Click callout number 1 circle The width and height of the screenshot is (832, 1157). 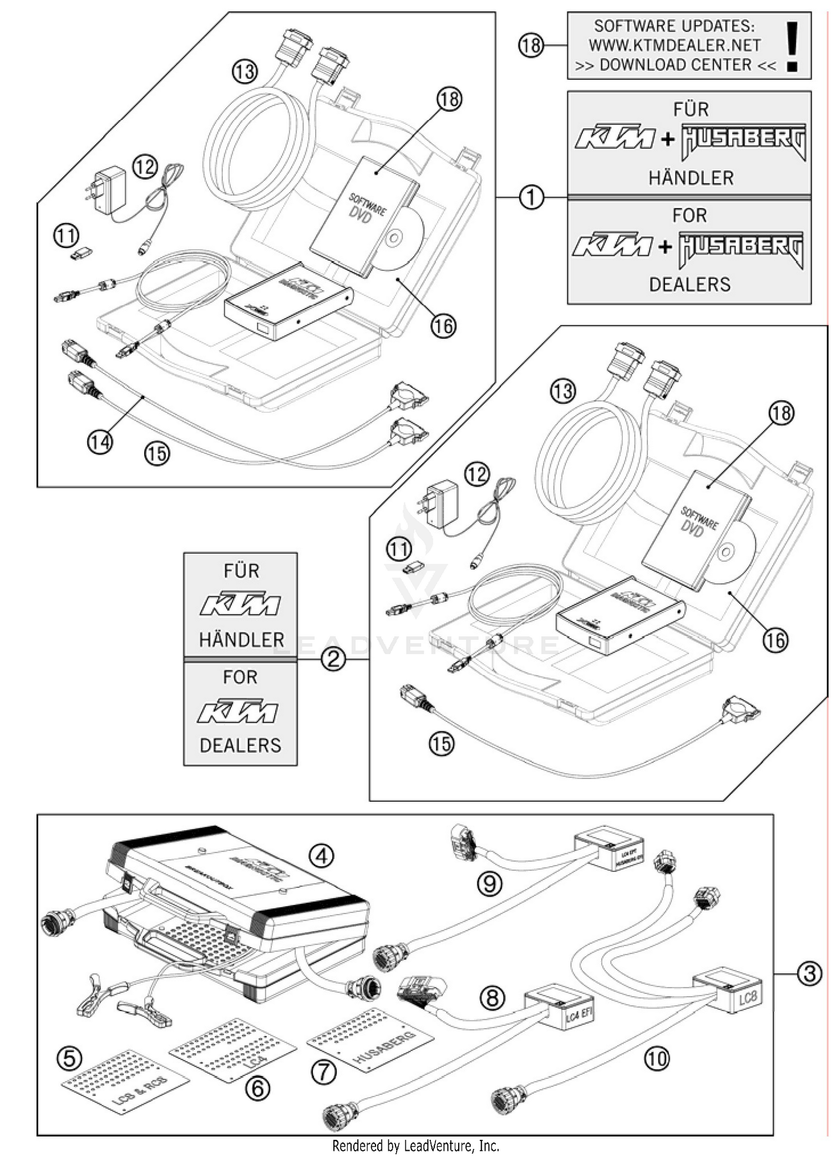pyautogui.click(x=531, y=196)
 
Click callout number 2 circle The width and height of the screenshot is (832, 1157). pyautogui.click(x=333, y=659)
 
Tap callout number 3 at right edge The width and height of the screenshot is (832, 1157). pyautogui.click(x=809, y=973)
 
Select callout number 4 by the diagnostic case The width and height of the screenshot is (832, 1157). pyautogui.click(x=321, y=856)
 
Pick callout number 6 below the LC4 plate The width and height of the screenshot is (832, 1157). pyautogui.click(x=257, y=1088)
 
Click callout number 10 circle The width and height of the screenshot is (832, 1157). pyautogui.click(x=657, y=1059)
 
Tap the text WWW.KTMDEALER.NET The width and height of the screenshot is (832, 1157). pyautogui.click(x=674, y=45)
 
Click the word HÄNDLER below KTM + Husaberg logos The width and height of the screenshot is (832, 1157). pyautogui.click(x=691, y=178)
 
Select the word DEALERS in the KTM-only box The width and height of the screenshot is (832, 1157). pyautogui.click(x=240, y=745)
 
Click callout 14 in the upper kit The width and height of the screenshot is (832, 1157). pyautogui.click(x=100, y=442)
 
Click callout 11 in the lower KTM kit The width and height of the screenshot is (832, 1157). pyautogui.click(x=399, y=550)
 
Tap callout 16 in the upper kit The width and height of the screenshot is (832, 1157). pyautogui.click(x=443, y=326)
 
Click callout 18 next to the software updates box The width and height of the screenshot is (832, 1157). pyautogui.click(x=531, y=45)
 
